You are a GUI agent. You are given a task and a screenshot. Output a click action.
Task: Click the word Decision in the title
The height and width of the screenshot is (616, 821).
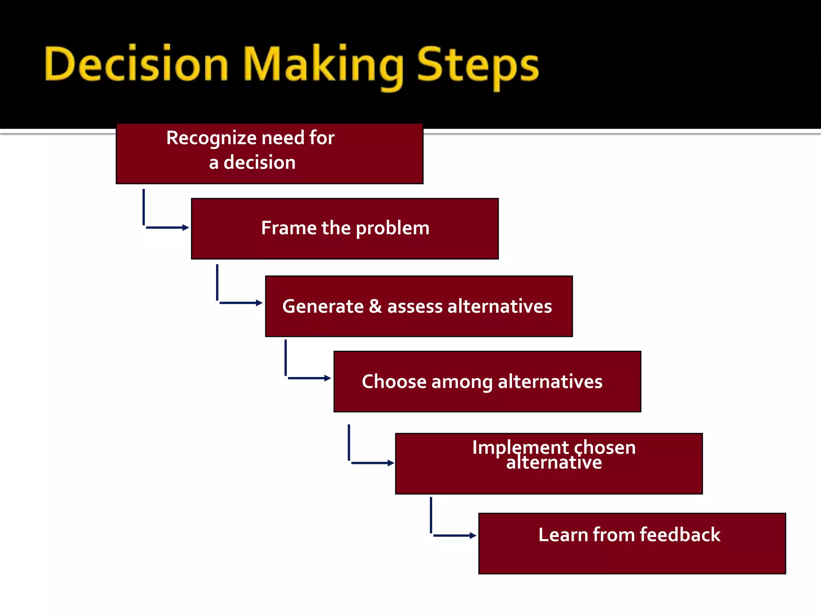pos(136,64)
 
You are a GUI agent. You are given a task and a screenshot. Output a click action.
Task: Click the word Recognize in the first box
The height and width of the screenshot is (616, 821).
pos(212,138)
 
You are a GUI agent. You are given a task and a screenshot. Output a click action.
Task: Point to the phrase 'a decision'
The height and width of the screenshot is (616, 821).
pos(252,162)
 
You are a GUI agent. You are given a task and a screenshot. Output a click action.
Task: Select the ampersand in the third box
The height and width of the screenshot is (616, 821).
pos(375,306)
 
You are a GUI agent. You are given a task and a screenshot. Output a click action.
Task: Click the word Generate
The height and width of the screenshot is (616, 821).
pos(323,306)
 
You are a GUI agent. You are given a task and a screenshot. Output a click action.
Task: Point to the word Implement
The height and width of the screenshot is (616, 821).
pos(520,448)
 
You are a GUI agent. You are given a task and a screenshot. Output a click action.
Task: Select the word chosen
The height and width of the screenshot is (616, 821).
pos(605,448)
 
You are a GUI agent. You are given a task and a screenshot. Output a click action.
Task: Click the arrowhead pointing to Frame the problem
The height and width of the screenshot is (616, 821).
pos(186,227)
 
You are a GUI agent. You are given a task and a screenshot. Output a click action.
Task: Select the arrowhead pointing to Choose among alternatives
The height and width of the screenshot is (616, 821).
pos(328,378)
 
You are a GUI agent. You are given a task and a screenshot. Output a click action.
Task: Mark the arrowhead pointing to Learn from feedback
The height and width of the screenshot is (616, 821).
pos(473,535)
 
